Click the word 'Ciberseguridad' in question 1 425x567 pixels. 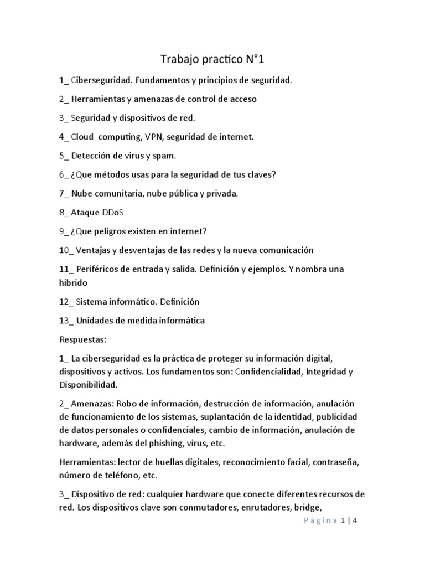tap(102, 80)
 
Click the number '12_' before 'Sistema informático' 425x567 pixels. tap(65, 302)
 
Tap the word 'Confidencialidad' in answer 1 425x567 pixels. tap(267, 372)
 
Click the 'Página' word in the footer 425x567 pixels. tap(320, 520)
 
